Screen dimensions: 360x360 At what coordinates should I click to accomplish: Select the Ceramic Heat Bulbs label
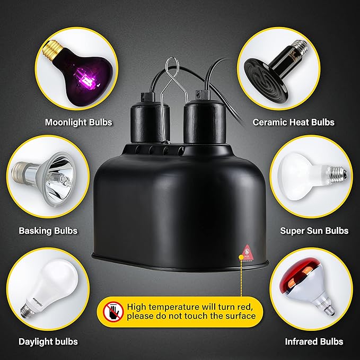293,122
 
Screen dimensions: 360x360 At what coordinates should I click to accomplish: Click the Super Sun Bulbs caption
314,231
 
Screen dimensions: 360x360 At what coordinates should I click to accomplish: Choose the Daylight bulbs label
48,341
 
